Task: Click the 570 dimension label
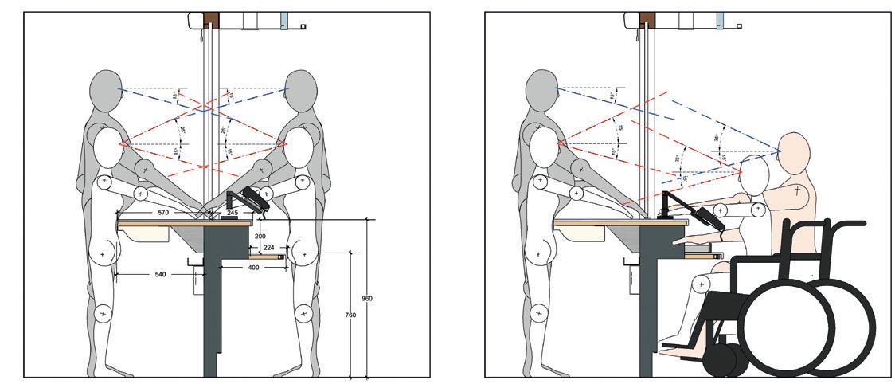163,213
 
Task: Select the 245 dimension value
233,213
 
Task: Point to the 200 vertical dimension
260,237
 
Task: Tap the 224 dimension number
269,248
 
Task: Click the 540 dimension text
159,273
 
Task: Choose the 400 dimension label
252,268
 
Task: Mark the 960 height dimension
367,298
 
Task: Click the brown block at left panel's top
210,18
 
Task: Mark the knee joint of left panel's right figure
303,313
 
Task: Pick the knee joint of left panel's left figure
103,313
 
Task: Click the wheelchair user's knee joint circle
702,282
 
